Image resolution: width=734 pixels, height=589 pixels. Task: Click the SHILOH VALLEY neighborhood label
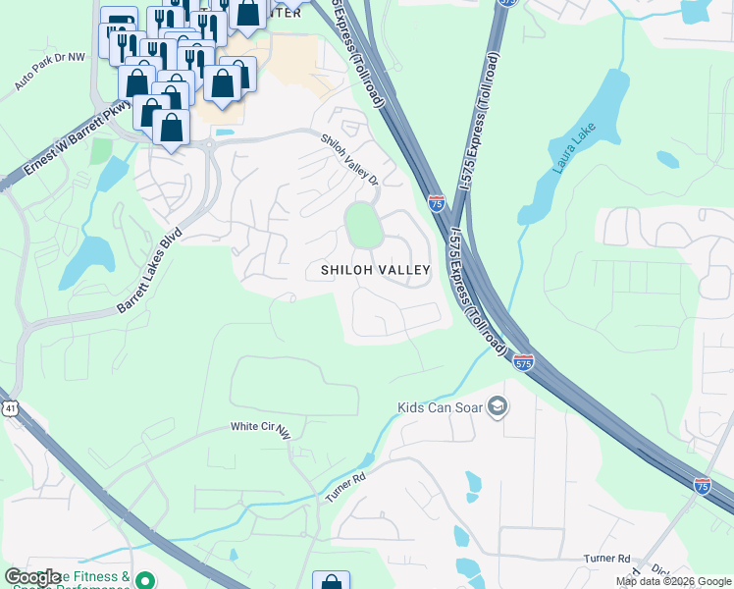[x=376, y=270]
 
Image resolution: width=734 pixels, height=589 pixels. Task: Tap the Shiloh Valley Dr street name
[x=350, y=158]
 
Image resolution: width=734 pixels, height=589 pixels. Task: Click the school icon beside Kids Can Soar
[x=498, y=406]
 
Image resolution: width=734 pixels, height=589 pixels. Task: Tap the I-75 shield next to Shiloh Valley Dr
[x=437, y=202]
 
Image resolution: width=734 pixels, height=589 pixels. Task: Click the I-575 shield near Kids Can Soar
[x=523, y=362]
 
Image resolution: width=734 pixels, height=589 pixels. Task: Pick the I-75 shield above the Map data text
[x=702, y=485]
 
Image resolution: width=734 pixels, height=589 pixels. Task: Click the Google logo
[x=32, y=577]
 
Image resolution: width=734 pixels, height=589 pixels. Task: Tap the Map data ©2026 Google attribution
[x=673, y=581]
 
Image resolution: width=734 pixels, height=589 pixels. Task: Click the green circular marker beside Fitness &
[x=145, y=580]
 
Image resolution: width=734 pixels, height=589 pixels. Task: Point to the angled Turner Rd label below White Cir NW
[x=344, y=487]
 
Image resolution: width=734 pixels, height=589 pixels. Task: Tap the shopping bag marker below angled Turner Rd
[x=331, y=581]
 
